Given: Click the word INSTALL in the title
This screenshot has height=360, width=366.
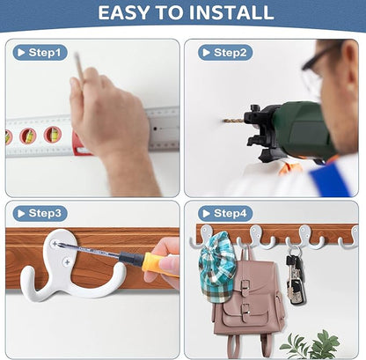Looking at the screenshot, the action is (231, 12).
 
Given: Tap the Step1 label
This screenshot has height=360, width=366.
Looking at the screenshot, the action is (40, 53).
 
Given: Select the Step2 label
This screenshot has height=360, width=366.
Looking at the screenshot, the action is (225, 53).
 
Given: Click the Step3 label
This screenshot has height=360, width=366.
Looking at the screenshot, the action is (40, 213).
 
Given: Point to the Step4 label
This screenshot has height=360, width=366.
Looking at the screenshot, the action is (225, 213).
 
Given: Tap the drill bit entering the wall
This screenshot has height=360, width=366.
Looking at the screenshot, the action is (234, 121).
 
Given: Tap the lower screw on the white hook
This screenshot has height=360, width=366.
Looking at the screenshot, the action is (67, 261).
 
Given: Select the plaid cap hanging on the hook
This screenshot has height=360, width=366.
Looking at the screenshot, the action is (217, 268).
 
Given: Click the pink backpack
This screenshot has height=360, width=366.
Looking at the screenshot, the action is (249, 299).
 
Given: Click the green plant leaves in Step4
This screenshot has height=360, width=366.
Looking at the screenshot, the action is (311, 345).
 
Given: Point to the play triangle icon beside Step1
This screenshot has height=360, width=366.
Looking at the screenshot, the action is (21, 53).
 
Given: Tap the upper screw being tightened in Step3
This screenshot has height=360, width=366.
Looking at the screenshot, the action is (55, 243).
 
